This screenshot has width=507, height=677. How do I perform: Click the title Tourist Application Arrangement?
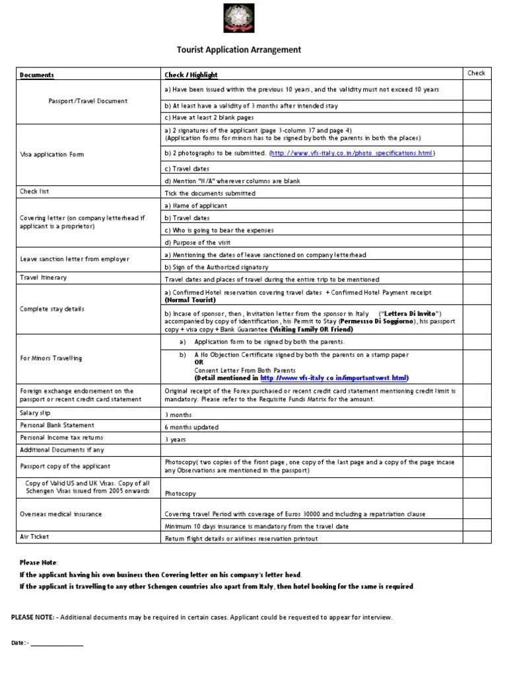tap(239, 50)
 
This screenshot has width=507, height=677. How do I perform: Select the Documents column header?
tap(37, 75)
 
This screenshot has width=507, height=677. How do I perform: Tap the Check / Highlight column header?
tap(191, 75)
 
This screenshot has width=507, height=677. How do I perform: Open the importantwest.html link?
tap(333, 378)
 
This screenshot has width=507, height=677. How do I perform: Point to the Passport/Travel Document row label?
tap(88, 101)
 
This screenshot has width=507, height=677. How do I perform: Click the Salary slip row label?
tap(36, 413)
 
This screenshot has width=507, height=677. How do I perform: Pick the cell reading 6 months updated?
tap(191, 427)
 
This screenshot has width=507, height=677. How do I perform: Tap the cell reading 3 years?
tap(175, 440)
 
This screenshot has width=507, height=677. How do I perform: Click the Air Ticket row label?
tap(35, 537)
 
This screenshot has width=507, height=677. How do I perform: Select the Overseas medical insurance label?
tap(61, 513)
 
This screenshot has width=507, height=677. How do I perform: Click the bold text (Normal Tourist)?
tap(191, 299)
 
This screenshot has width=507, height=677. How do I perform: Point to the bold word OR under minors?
tap(199, 362)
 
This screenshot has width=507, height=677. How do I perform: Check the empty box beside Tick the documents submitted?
tap(477, 193)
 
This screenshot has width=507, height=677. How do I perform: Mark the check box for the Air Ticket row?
tap(477, 538)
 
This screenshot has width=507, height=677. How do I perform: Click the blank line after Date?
tap(57, 643)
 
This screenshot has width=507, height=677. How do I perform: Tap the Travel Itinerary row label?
tap(43, 278)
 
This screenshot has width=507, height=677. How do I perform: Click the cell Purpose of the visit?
tap(197, 242)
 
